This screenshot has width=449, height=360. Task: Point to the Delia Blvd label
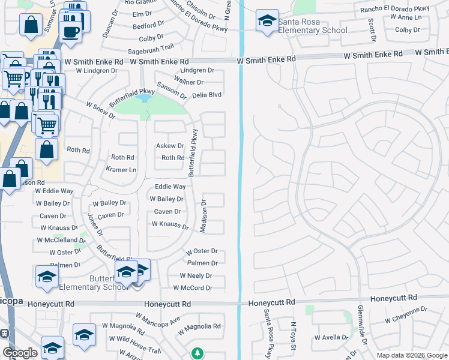click(x=206, y=95)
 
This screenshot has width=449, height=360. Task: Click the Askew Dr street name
click(x=170, y=146)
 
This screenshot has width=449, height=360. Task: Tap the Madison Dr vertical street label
click(x=203, y=217)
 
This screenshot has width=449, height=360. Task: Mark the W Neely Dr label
click(x=196, y=276)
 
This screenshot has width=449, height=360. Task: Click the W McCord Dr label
click(x=193, y=288)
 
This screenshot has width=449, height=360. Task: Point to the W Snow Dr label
click(x=100, y=109)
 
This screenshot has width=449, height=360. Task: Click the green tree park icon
click(x=197, y=353)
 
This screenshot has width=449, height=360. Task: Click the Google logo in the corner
click(x=20, y=352)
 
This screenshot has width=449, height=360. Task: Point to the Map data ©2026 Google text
click(x=411, y=355)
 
